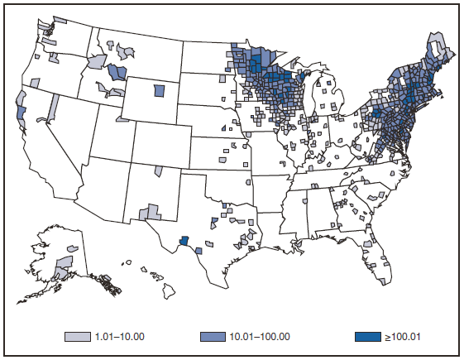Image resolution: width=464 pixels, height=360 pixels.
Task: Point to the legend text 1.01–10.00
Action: pyautogui.click(x=122, y=337)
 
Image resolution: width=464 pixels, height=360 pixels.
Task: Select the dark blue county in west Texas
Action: pyautogui.click(x=185, y=241)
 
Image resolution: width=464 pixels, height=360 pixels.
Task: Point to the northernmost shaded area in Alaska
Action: pyautogui.click(x=73, y=249)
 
